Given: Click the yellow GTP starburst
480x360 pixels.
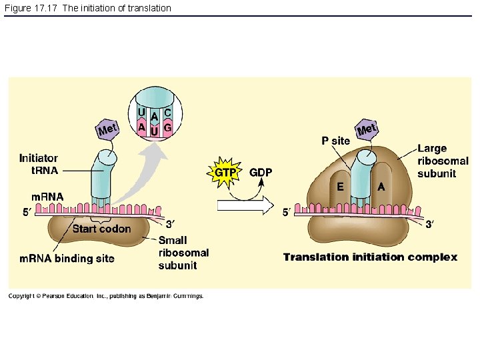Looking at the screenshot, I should click(225, 172).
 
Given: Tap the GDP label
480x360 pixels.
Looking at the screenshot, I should click(261, 172).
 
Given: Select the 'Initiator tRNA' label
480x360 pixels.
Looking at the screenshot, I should click(38, 164).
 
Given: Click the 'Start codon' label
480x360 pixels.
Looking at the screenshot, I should click(101, 229).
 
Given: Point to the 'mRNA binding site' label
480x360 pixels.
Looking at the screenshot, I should click(66, 258).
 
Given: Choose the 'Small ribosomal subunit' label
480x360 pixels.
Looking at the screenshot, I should click(183, 253).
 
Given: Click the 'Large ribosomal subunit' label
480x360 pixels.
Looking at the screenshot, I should click(443, 161).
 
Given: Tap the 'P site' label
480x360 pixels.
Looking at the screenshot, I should click(335, 141).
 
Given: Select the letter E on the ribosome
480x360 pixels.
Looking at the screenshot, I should click(340, 187).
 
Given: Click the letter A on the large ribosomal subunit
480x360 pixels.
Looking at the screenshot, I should click(381, 187).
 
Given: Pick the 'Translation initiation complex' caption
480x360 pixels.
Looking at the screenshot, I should click(370, 257).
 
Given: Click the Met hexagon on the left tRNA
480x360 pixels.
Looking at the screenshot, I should click(107, 128).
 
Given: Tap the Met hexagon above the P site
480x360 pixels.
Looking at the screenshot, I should click(367, 129).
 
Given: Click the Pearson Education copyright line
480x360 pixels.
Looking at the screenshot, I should click(106, 296).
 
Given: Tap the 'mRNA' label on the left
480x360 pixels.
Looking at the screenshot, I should click(47, 197).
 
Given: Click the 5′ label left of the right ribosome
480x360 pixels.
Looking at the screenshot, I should click(286, 213).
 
